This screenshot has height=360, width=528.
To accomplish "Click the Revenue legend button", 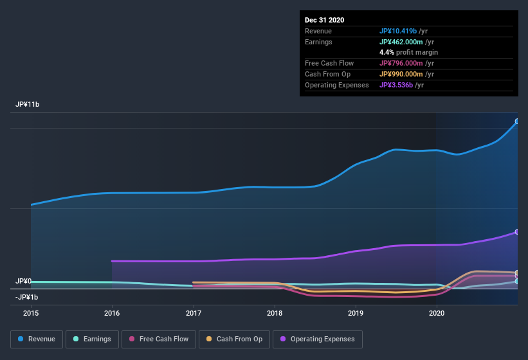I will point(37,339).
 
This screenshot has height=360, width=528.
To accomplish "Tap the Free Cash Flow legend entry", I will point(159,339).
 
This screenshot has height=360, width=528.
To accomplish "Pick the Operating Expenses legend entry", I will point(317,339).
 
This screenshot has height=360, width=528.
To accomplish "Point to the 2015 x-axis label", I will point(31,313).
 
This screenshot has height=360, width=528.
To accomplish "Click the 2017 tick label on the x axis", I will point(194,313).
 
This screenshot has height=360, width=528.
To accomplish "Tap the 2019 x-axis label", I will point(356,313).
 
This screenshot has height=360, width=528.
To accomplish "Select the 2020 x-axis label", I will point(437,313).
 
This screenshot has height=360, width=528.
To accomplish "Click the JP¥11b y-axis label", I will point(28,104).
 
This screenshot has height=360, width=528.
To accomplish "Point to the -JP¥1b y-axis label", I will point(27,297).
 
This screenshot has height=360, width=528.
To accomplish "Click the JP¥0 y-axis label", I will point(23,282).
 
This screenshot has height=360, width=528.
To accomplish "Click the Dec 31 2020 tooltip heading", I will point(324,20).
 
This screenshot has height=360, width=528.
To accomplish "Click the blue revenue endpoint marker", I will point(516,121).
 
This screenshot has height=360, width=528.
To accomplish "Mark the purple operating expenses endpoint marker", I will point(516,232).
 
